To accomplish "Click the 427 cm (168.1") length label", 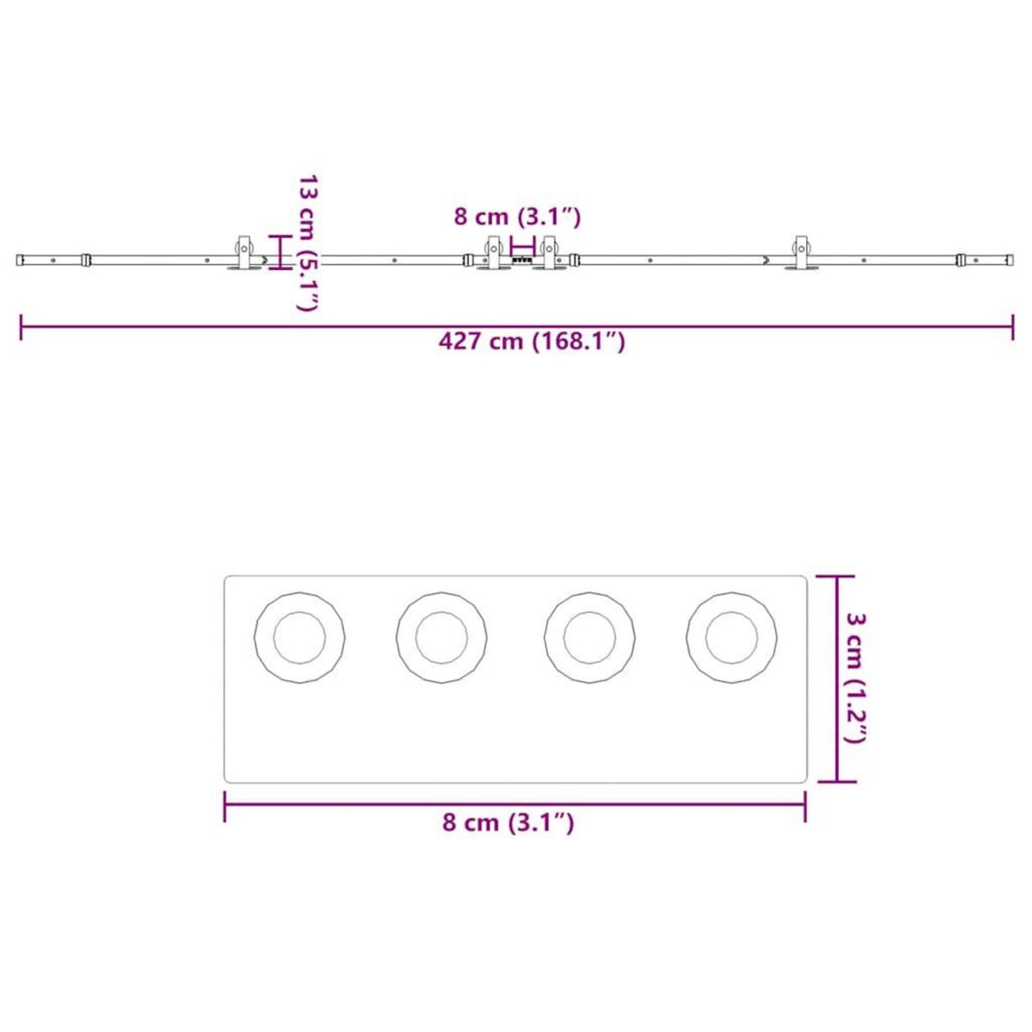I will point(531,341).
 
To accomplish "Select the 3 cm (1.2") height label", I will point(855,678).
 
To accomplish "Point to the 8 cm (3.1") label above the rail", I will point(518,217).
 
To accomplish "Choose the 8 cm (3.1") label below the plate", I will point(507,822).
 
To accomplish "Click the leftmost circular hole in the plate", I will point(299,638).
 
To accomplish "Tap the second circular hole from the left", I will point(441,638).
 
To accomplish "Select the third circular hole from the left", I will point(590,638).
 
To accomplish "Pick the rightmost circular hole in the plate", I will point(732,638).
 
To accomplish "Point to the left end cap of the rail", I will point(20,259).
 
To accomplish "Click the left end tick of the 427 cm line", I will point(21,327).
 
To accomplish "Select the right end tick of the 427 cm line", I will point(1012,327).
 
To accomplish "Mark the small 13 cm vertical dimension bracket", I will point(278,252).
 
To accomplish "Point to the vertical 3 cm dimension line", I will point(838,679).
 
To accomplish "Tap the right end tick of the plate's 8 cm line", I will point(805,805).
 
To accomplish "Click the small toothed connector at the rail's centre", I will point(520,259).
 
